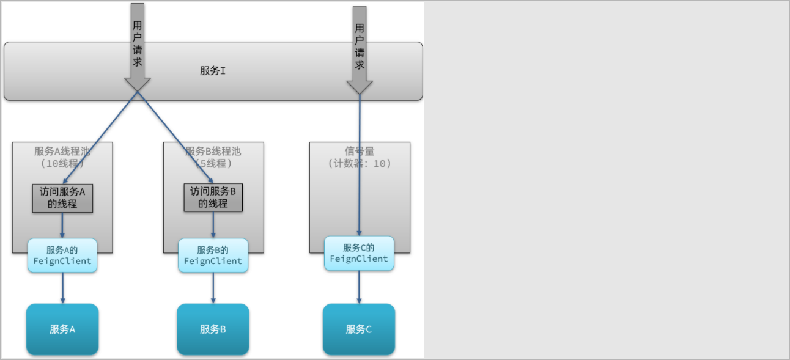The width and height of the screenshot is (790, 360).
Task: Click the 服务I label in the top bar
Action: click(x=213, y=71)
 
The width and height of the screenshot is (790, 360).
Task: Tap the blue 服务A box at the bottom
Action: click(x=62, y=329)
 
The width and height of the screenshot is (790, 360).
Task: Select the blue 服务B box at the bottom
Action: click(x=213, y=329)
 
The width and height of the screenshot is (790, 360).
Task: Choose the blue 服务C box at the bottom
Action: click(x=359, y=329)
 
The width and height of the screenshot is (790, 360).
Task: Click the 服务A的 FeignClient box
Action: click(x=62, y=255)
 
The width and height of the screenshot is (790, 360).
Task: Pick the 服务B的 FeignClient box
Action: click(x=213, y=255)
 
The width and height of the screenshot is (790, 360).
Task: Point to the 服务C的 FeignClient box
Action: click(x=359, y=253)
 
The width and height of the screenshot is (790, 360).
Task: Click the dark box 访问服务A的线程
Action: click(x=62, y=197)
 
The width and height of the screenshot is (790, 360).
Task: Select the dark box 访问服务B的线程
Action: click(x=213, y=197)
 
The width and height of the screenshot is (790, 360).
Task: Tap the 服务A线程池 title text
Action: click(x=62, y=152)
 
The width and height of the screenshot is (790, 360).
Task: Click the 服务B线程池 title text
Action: click(x=213, y=152)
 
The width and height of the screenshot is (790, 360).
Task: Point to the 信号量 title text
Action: click(x=360, y=151)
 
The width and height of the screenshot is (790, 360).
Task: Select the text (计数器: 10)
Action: click(x=360, y=163)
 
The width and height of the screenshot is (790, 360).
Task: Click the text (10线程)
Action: click(x=62, y=163)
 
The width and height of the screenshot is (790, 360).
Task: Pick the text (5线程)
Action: click(x=213, y=163)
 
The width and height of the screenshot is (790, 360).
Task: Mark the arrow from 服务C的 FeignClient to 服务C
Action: click(x=359, y=287)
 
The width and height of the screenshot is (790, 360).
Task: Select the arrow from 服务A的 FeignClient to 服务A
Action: click(x=62, y=288)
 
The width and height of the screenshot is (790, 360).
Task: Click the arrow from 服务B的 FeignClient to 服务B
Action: click(x=213, y=288)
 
